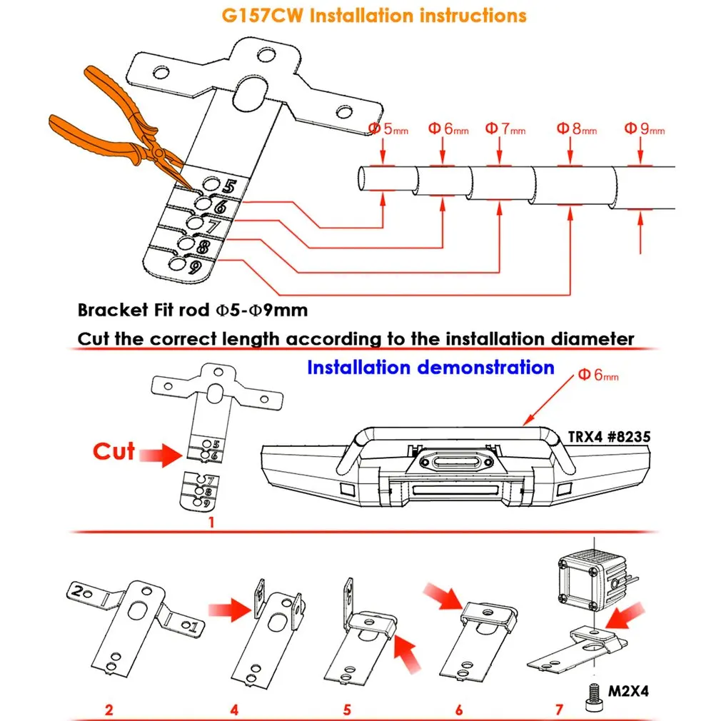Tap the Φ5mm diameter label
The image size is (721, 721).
[x=388, y=128]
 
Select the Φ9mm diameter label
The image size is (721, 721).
[x=644, y=128]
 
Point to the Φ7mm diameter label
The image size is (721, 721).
[x=505, y=128]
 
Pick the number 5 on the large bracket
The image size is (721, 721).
[x=229, y=186]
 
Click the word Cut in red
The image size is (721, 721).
[x=114, y=451]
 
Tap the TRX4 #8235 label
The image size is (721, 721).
[x=609, y=437]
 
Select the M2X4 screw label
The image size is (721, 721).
[x=628, y=691]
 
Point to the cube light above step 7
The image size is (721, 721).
[x=593, y=582]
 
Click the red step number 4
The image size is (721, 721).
[x=235, y=710]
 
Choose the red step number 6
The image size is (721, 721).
[x=459, y=710]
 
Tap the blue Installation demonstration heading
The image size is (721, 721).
[x=431, y=368]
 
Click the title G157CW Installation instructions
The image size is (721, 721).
[x=374, y=16]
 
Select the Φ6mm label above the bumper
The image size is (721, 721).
[x=598, y=375]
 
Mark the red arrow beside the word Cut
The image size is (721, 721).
[x=161, y=455]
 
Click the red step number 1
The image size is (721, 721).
[x=211, y=523]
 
